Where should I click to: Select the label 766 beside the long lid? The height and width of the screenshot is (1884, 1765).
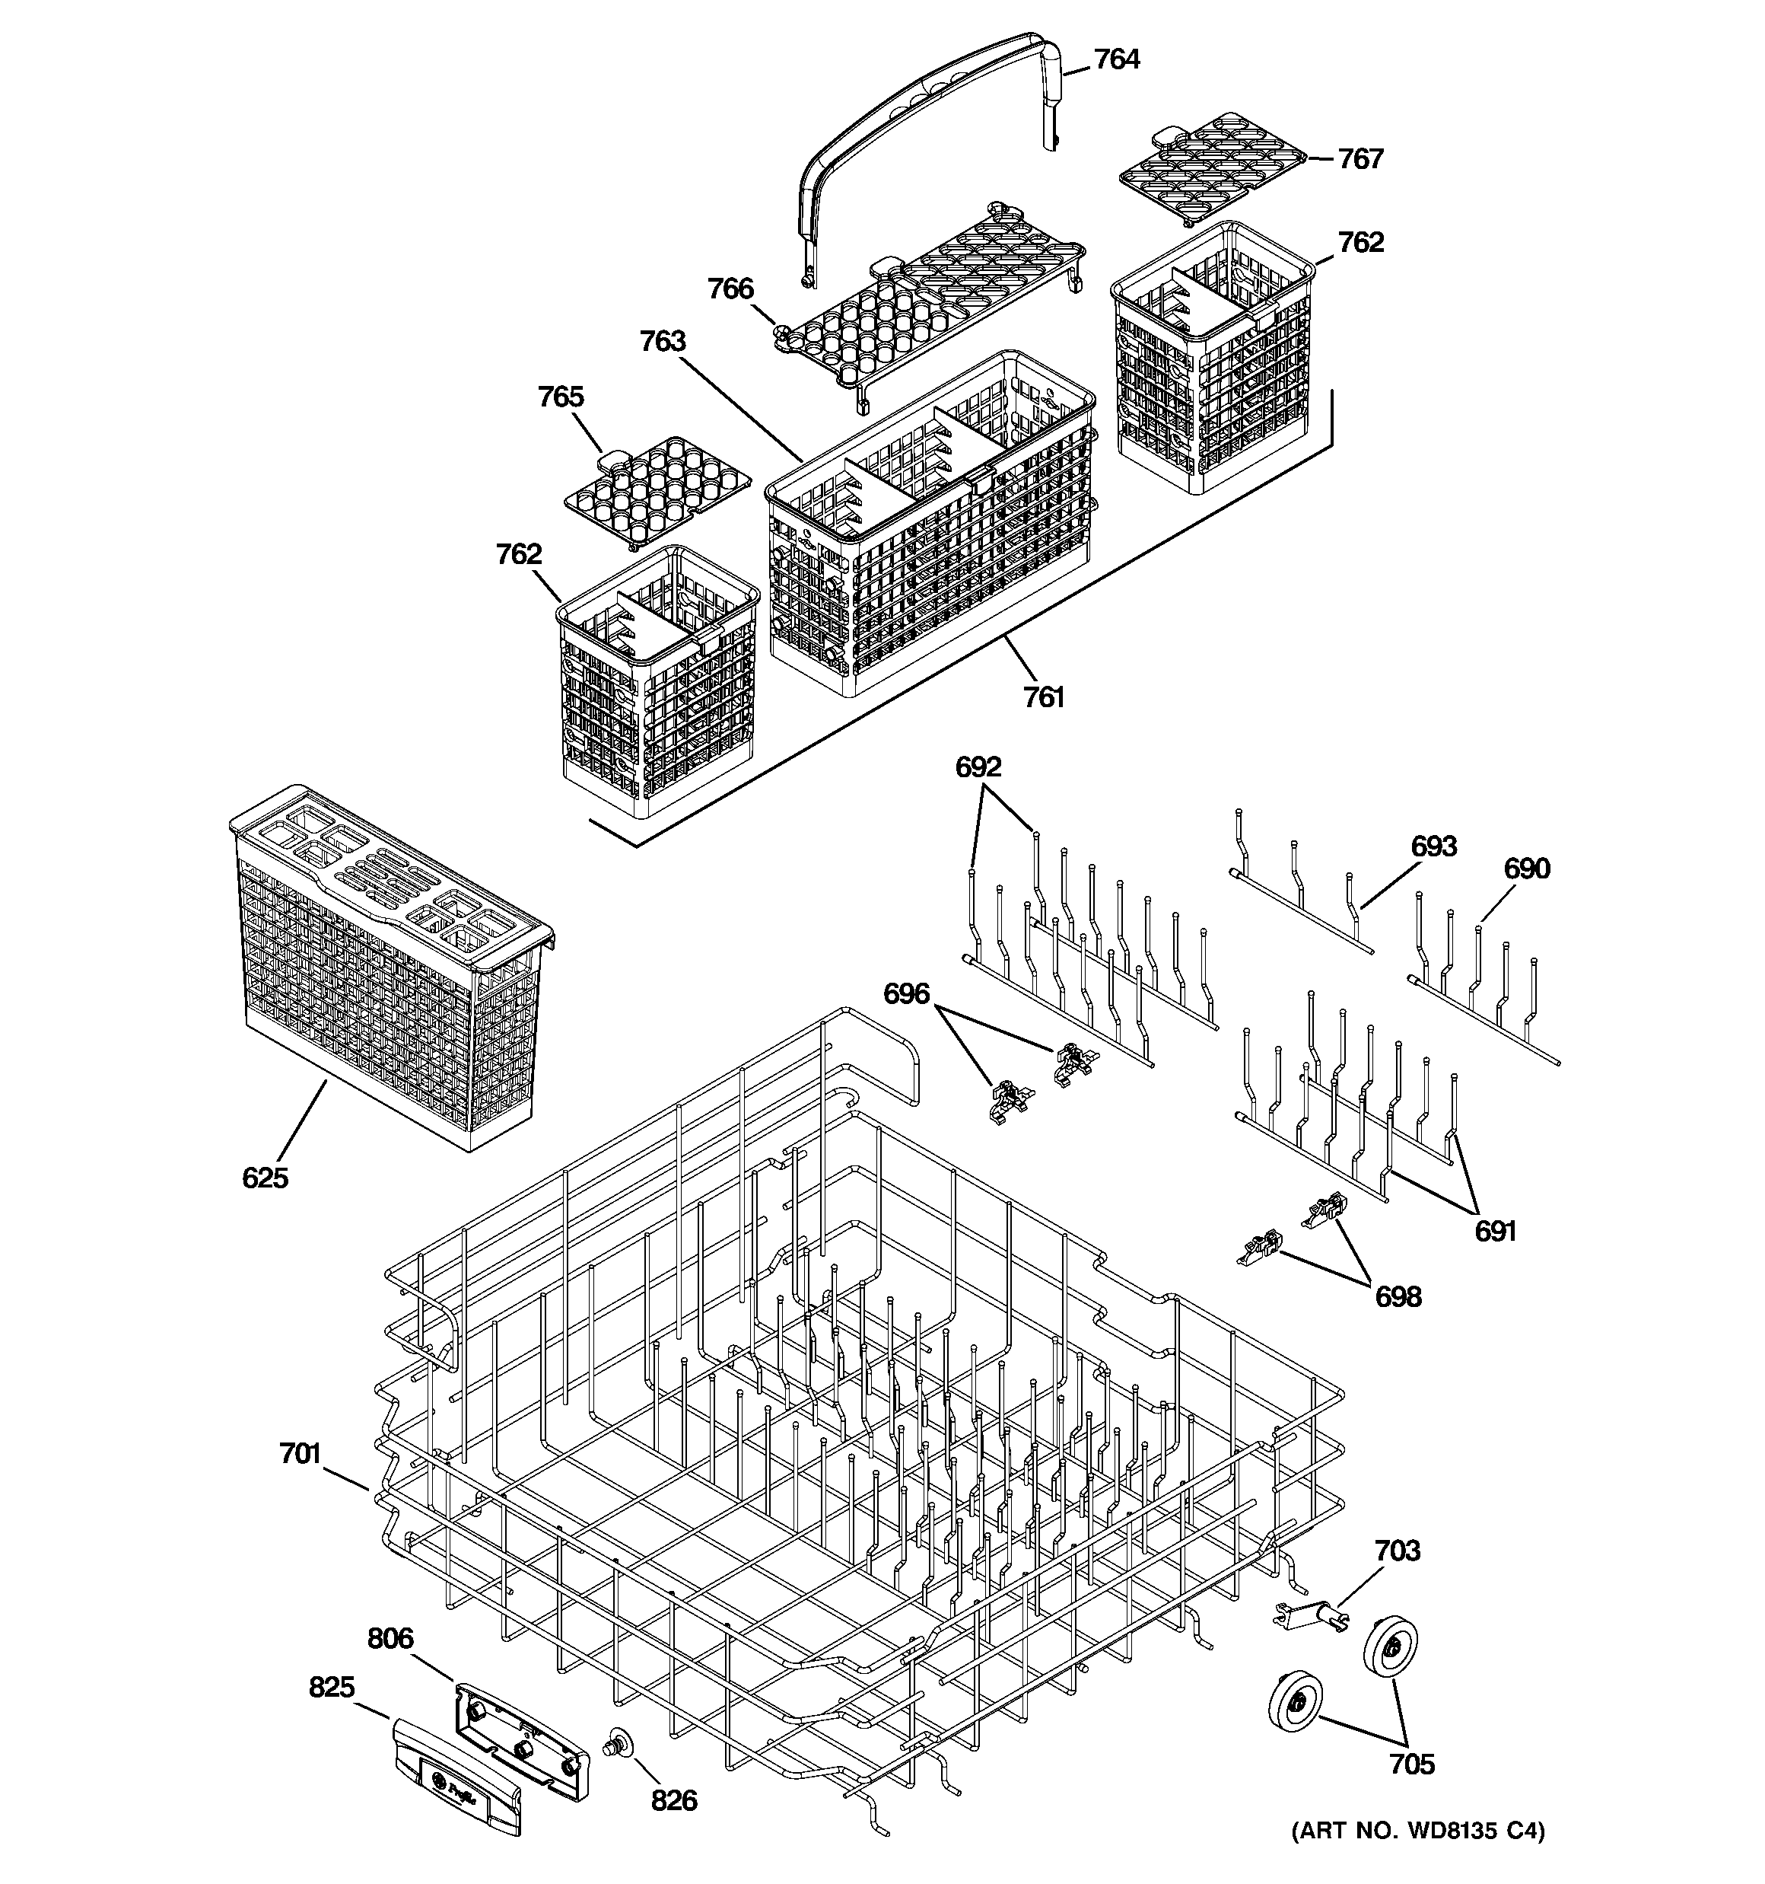pyautogui.click(x=730, y=289)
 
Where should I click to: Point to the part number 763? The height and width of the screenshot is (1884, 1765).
pyautogui.click(x=662, y=341)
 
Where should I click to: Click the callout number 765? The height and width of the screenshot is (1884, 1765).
pyautogui.click(x=561, y=397)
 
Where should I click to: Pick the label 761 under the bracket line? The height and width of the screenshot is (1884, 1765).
pyautogui.click(x=1043, y=697)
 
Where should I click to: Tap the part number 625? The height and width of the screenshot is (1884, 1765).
pyautogui.click(x=266, y=1178)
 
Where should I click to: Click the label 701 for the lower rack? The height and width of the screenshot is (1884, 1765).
pyautogui.click(x=301, y=1453)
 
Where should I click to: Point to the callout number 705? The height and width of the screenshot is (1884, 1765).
pyautogui.click(x=1412, y=1764)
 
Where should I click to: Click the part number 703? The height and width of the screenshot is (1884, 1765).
pyautogui.click(x=1398, y=1551)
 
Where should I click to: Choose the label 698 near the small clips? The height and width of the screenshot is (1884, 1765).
pyautogui.click(x=1398, y=1296)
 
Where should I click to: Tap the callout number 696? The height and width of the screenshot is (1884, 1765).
pyautogui.click(x=907, y=994)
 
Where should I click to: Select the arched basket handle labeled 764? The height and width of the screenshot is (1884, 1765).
pyautogui.click(x=928, y=113)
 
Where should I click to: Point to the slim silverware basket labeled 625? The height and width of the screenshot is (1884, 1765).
pyautogui.click(x=389, y=967)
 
